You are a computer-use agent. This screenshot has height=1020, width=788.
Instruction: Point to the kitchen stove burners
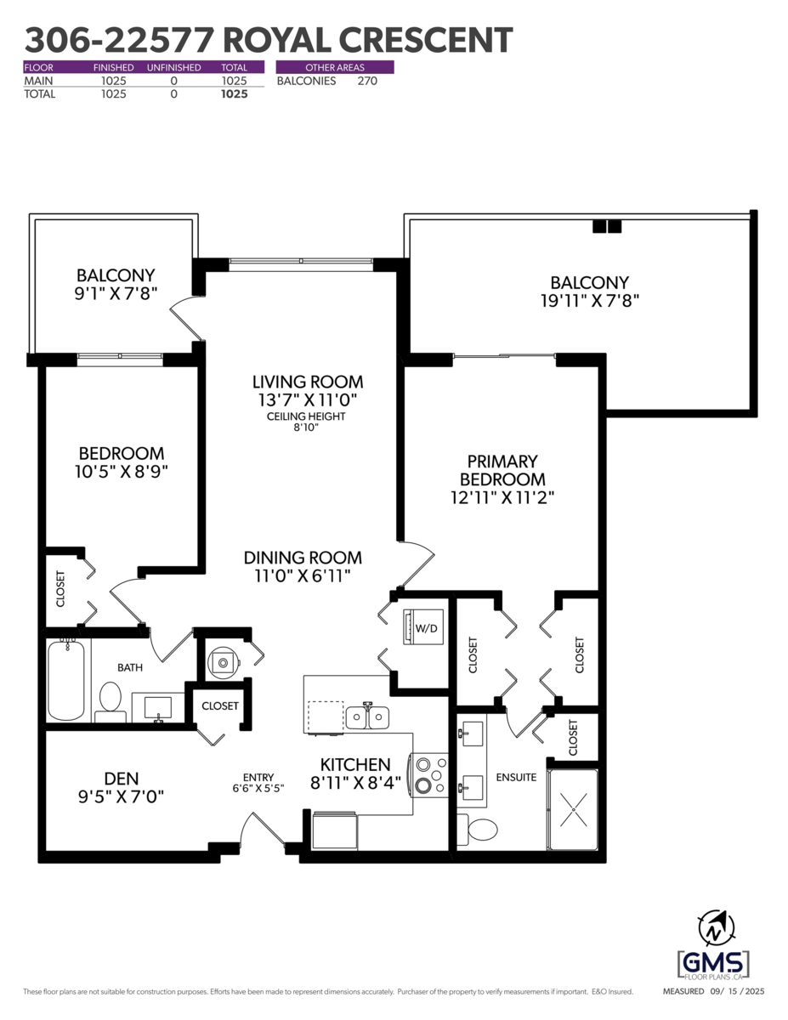430,775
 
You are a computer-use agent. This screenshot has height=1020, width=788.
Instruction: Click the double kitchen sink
367,717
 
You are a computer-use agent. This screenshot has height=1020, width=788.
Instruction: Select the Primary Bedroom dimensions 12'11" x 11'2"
502,498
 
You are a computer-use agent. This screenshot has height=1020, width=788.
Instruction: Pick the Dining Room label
303,558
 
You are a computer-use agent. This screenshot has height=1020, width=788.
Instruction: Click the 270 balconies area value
367,81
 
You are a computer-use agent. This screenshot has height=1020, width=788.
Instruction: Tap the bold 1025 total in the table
234,94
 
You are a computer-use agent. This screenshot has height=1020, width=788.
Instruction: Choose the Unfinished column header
173,67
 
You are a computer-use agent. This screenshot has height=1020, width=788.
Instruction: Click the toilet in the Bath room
110,700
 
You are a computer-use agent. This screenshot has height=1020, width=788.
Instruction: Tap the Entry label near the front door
258,777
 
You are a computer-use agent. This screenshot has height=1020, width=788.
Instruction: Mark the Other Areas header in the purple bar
335,67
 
